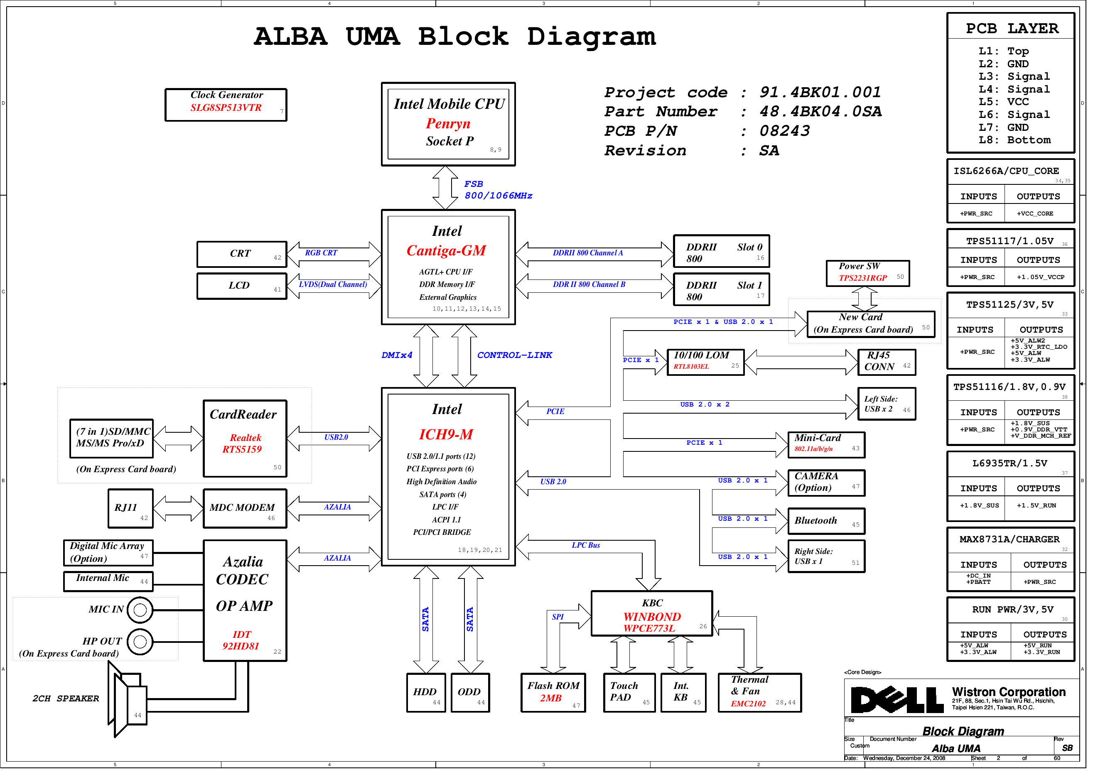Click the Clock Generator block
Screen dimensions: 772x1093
coord(226,105)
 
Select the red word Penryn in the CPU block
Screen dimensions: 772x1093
coord(448,124)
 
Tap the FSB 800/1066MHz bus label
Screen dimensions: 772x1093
coord(497,190)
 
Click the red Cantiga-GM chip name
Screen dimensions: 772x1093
coord(446,251)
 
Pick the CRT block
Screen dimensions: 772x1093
coord(242,254)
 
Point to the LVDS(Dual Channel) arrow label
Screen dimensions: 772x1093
coord(333,284)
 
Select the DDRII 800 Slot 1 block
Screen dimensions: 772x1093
coord(721,290)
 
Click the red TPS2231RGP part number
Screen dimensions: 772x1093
coord(862,278)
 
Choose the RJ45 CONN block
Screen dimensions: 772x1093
coord(887,362)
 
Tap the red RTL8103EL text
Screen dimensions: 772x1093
coord(691,367)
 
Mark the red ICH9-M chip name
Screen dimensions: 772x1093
coord(446,434)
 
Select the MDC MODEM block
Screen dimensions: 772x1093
coord(245,508)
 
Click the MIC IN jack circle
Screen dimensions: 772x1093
coord(140,610)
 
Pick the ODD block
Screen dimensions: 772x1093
coord(470,693)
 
